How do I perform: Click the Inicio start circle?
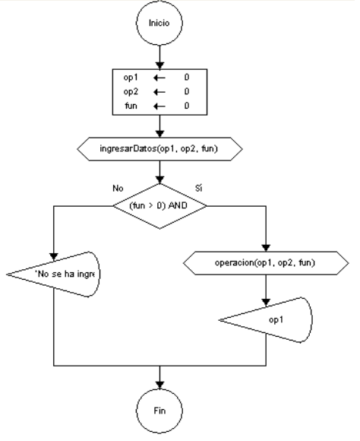pyautogui.click(x=159, y=22)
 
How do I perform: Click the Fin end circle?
pyautogui.click(x=159, y=410)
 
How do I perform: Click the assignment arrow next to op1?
pyautogui.click(x=159, y=78)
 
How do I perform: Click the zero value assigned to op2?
pyautogui.click(x=186, y=91)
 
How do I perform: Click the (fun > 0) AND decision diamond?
pyautogui.click(x=159, y=206)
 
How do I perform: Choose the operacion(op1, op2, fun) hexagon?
pyautogui.click(x=266, y=263)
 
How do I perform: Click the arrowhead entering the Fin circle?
pyautogui.click(x=159, y=384)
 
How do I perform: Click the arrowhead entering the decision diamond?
pyautogui.click(x=159, y=180)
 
